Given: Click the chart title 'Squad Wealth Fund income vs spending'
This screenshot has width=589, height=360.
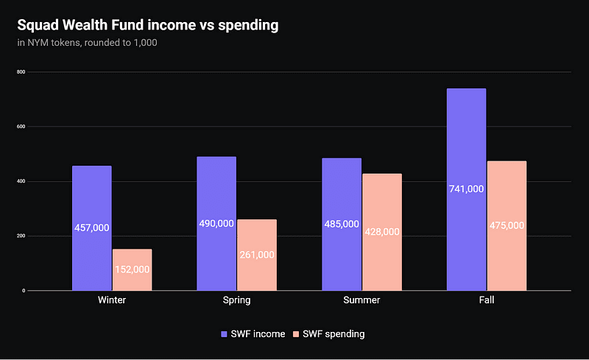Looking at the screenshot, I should tap(148, 25).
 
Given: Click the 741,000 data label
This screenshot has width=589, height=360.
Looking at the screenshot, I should tap(466, 189).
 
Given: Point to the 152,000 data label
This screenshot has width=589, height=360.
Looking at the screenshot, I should tap(132, 269).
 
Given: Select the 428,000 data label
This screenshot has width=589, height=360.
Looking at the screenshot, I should tap(381, 231).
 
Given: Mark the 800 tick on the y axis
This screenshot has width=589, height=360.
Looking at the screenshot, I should tap(21, 72).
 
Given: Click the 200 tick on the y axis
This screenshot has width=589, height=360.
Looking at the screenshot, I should tap(21, 236).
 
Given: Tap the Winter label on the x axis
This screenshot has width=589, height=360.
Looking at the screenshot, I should tap(112, 300).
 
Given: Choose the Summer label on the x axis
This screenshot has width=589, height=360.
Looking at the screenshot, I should tap(361, 300).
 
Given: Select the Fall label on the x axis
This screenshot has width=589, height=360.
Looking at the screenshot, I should tap(486, 300).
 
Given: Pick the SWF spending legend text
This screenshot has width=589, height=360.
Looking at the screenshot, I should tap(336, 334).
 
